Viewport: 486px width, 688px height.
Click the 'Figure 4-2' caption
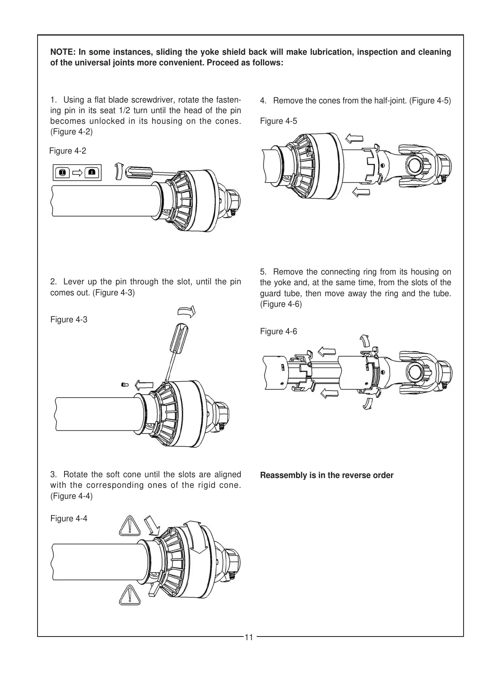68,151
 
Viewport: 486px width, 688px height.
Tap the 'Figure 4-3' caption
69,319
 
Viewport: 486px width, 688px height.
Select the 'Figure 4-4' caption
69,518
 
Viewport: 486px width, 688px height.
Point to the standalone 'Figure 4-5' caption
278,121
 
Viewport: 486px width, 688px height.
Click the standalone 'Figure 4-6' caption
278,331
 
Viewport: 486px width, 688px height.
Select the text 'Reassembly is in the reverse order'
326,476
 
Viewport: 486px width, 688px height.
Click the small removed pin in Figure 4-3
125,384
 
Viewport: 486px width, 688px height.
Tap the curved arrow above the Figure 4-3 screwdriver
187,312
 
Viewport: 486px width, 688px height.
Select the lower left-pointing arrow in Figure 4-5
360,191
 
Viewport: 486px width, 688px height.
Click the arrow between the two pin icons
77,173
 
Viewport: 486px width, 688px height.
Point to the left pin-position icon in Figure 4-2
62,173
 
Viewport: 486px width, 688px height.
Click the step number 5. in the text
263,272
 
